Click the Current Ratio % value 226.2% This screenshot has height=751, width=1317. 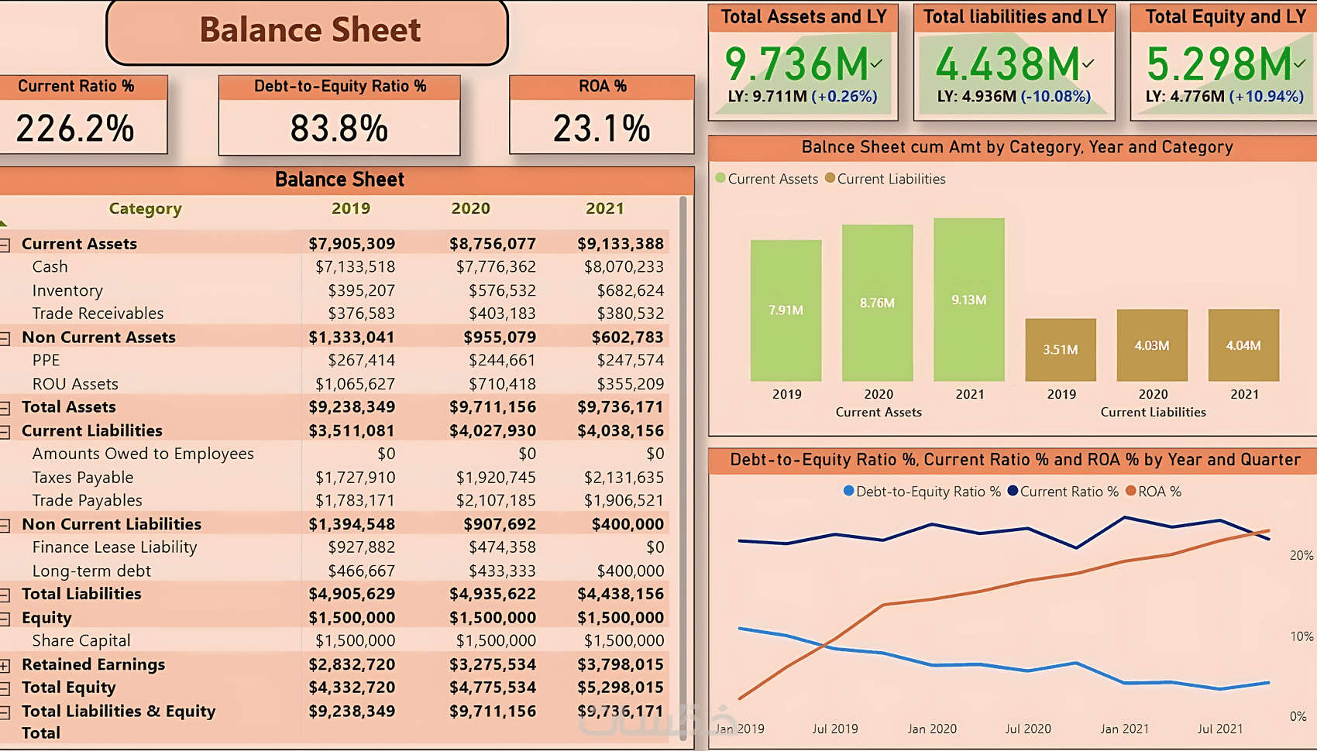coord(75,129)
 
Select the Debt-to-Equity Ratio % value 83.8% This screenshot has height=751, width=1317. coord(339,129)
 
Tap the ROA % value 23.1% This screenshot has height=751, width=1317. coord(601,129)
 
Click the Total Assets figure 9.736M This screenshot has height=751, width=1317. coord(796,64)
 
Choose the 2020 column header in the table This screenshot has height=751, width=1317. coord(470,208)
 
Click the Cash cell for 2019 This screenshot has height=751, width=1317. coord(355,267)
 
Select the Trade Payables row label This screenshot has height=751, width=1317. coord(87,501)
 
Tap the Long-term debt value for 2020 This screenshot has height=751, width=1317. coord(502,571)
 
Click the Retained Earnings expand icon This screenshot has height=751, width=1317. coord(5,665)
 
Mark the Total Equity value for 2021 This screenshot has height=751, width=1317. coord(620,688)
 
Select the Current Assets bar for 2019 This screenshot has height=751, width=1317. coord(786,310)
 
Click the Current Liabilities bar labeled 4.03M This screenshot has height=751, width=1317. coord(1152,345)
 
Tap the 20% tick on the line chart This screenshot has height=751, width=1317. coord(1301,555)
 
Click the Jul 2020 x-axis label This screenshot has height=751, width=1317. coord(1028,729)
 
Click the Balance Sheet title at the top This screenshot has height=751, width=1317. coord(310,30)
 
